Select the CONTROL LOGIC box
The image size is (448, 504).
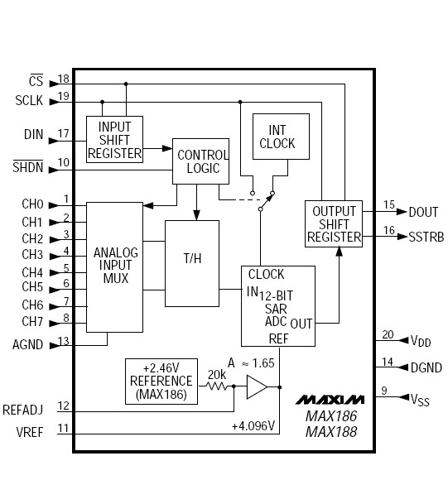200,161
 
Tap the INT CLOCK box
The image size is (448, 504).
281,137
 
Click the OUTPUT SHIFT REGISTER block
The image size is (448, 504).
334,223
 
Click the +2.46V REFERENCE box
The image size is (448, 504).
161,381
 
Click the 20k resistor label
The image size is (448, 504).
218,374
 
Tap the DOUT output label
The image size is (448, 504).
423,213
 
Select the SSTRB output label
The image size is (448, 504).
426,237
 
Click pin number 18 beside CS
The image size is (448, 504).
64,79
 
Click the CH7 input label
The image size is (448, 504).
32,321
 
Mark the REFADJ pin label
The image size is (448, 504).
22,408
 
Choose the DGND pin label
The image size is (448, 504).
426,367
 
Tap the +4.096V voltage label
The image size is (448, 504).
253,426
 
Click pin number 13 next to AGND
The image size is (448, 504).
64,341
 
